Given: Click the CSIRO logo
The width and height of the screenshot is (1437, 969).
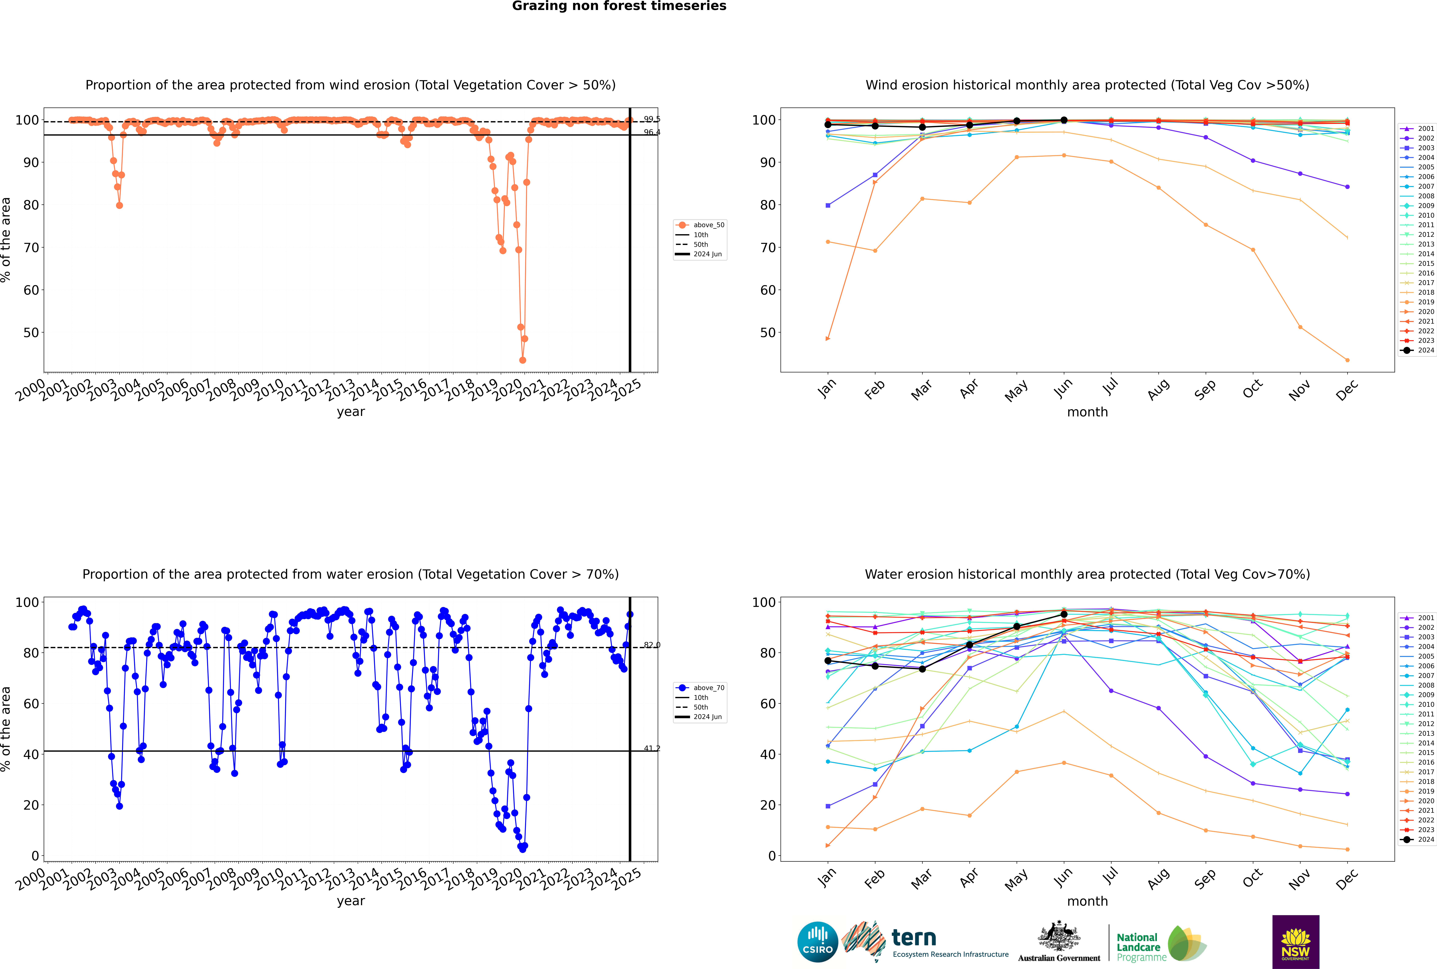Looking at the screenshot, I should pos(817,942).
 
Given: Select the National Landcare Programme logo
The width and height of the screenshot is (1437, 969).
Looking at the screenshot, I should pos(1160,944).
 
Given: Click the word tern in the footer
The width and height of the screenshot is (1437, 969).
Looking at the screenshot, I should pos(914,938).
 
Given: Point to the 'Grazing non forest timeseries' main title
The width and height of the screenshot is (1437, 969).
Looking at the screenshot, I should pos(619,6).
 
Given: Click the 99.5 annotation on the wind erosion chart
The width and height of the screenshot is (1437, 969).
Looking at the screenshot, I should pos(652,119).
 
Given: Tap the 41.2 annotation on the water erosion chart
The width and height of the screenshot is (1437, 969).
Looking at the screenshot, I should pos(652,748).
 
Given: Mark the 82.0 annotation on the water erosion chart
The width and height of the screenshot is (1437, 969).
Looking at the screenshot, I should pos(652,645).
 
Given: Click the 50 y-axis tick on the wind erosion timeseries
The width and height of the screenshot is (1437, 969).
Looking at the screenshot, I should pos(31,333).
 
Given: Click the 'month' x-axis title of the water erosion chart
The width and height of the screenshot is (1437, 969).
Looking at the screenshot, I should pos(1087,902).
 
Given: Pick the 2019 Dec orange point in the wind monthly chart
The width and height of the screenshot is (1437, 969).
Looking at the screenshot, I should pos(1347,360).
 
